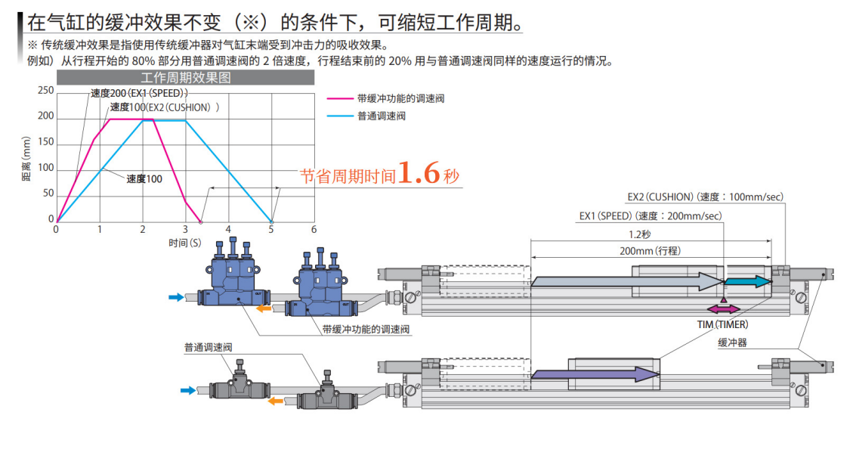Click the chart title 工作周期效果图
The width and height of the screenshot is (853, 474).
click(x=185, y=78)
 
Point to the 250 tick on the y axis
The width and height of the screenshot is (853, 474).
click(x=46, y=91)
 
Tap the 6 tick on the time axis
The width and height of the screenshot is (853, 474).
click(x=314, y=230)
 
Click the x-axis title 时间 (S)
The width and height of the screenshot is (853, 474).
click(x=185, y=243)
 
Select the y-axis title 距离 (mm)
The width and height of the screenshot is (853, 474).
click(x=27, y=156)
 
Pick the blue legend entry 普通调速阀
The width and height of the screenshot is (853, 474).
click(x=381, y=116)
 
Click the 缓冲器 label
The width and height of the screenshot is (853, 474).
click(x=731, y=342)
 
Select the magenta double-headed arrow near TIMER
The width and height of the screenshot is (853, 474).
click(x=724, y=309)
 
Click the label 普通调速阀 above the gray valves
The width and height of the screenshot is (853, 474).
click(x=208, y=348)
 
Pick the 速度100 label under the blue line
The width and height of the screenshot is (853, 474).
click(x=144, y=179)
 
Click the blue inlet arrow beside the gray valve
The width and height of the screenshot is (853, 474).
click(x=188, y=390)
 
